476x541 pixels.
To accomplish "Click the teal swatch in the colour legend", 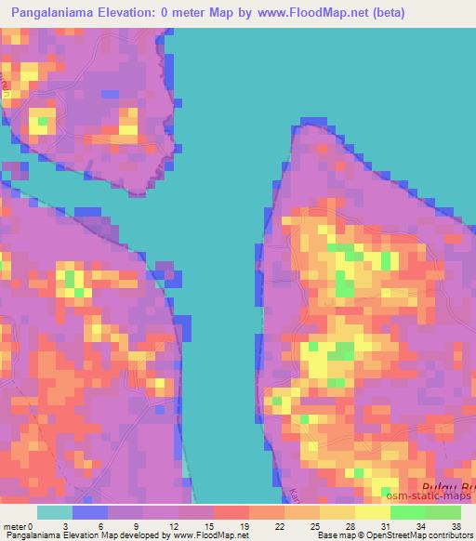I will pyautogui.click(x=55, y=512).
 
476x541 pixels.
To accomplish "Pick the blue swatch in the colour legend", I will pyautogui.click(x=90, y=512).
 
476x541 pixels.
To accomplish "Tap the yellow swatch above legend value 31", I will pyautogui.click(x=373, y=512).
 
